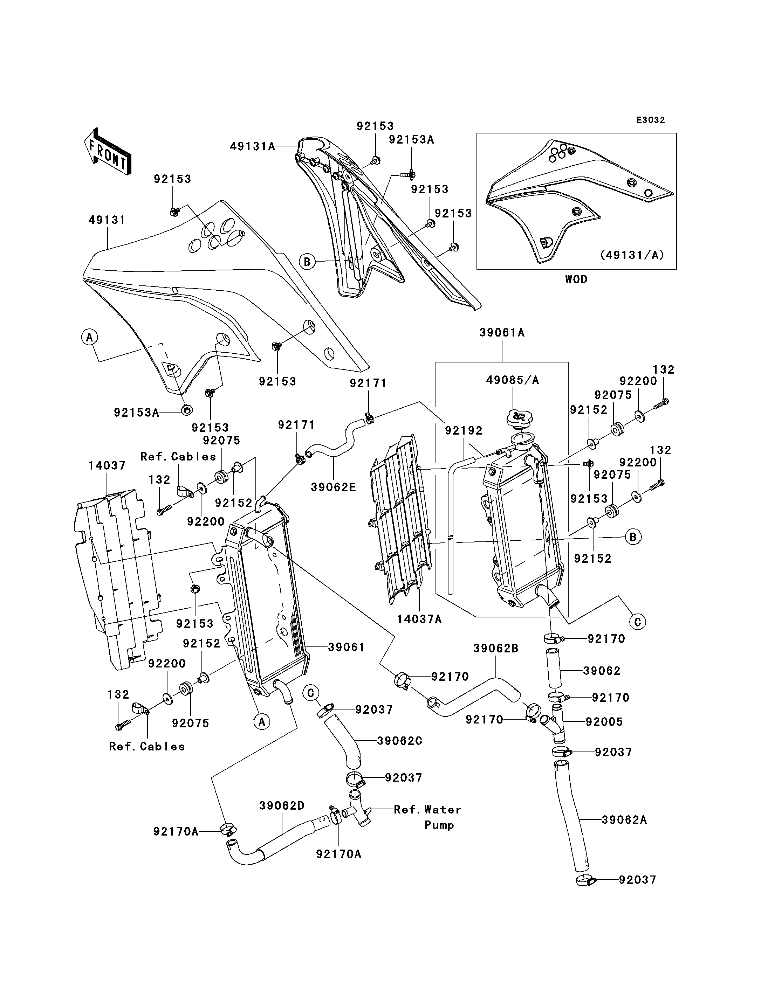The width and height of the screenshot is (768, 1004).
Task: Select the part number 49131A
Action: pyautogui.click(x=252, y=146)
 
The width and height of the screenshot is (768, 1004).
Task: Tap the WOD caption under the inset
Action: pyautogui.click(x=576, y=279)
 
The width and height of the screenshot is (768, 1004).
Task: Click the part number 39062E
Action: pyautogui.click(x=333, y=487)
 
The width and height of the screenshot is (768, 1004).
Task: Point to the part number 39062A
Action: pyautogui.click(x=624, y=820)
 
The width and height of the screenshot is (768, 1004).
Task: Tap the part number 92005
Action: pyautogui.click(x=604, y=722)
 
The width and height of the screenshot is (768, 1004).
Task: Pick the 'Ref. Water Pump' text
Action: pyautogui.click(x=427, y=817)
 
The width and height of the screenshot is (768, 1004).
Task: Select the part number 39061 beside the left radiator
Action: pyautogui.click(x=347, y=647)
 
